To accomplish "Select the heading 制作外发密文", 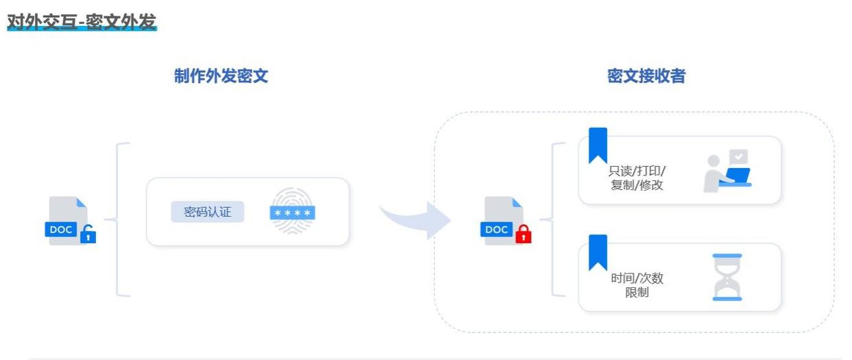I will point(221,76).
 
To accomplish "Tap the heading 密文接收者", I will point(646,76).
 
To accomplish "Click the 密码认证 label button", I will point(207,212).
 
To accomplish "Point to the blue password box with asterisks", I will point(292,213).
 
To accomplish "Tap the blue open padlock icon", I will point(88,235).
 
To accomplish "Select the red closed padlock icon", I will point(523,234).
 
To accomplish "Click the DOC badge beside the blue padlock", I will point(61,229).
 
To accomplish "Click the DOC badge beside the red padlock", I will point(497,229).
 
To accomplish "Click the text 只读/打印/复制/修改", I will point(637,178).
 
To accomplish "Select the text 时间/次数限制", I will point(637,285).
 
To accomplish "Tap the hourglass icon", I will point(727,277).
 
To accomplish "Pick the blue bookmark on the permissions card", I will point(597,145).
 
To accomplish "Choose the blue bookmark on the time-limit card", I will point(597,252).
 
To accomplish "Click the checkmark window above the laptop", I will point(739,157).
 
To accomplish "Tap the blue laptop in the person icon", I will point(737,177).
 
